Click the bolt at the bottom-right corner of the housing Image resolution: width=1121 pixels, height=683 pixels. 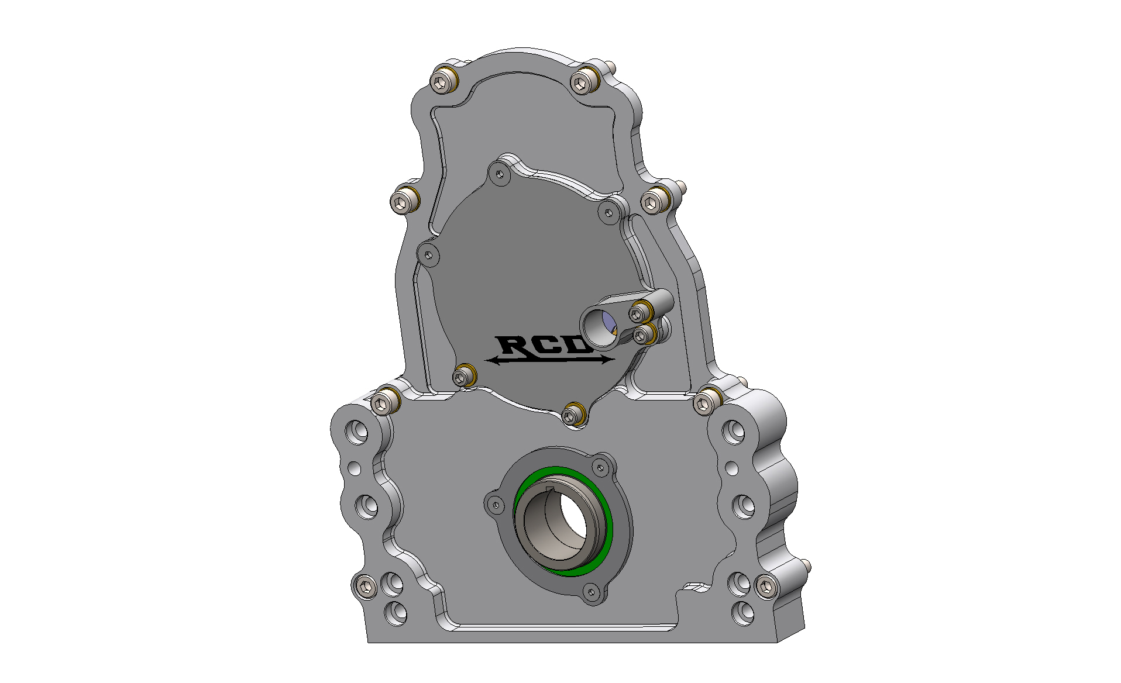[x=765, y=587]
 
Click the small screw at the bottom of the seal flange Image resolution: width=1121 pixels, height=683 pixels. [x=591, y=592]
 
